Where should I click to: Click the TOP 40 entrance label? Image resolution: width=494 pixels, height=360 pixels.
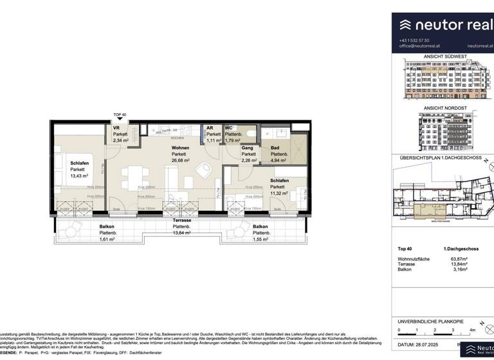pos(120,115)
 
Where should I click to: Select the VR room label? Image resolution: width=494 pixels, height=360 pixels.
pos(116,127)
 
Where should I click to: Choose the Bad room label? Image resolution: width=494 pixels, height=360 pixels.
pos(275,148)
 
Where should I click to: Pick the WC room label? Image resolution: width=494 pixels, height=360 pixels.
pos(228,127)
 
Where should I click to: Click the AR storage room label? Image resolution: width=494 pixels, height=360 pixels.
pos(210,127)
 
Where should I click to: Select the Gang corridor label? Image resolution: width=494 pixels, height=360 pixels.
pos(246,148)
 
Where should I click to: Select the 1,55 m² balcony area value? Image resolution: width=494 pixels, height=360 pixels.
pos(260,239)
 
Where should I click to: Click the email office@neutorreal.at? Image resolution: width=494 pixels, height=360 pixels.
pos(419,46)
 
